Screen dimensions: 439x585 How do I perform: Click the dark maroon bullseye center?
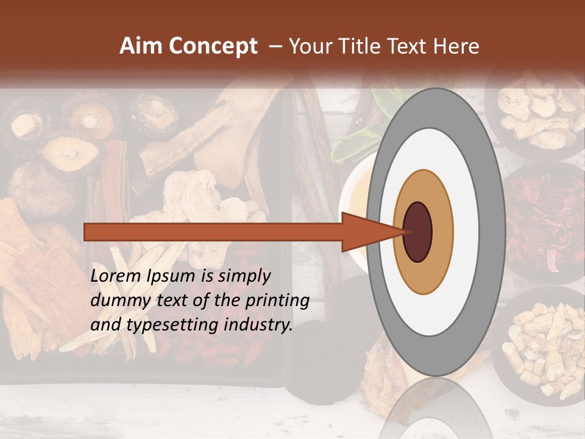[418, 232]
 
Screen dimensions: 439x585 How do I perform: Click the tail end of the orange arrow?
[88, 232]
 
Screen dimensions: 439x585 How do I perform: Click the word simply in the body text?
[244, 277]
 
